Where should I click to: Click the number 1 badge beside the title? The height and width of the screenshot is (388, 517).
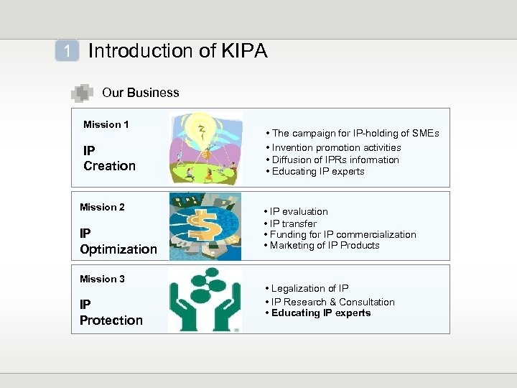[67, 51]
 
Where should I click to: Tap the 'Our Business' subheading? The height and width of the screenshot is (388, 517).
[141, 93]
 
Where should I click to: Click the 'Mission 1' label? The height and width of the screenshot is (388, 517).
[106, 124]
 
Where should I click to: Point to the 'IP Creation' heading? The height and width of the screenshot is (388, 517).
[109, 159]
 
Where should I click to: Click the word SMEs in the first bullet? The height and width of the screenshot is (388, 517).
[424, 133]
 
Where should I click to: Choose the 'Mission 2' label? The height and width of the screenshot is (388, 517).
[102, 207]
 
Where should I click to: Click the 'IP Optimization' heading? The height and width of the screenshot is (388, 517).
[118, 242]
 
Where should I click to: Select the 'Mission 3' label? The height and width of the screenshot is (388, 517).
[102, 279]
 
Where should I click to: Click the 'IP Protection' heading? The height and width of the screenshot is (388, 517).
[111, 313]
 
